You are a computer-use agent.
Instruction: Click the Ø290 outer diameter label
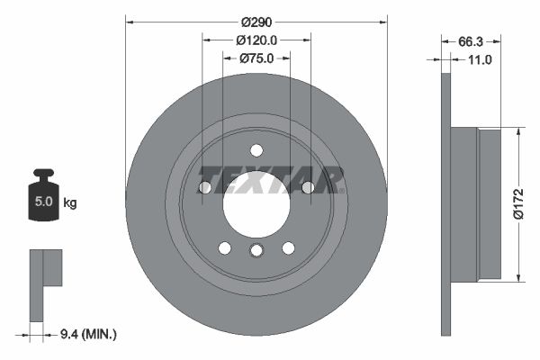click(256, 22)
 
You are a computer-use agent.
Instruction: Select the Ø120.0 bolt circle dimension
click(256, 40)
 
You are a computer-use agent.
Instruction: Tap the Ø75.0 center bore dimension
click(256, 58)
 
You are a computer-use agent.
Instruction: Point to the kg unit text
click(70, 203)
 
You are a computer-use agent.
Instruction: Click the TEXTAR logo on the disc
click(271, 179)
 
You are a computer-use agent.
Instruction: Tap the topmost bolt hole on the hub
click(256, 150)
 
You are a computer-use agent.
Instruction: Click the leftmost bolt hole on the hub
click(205, 187)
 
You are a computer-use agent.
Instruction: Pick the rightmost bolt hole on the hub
click(308, 187)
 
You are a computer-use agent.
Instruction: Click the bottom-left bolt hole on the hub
click(225, 247)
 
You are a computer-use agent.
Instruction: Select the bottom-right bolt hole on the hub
click(288, 247)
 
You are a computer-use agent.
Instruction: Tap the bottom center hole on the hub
click(256, 251)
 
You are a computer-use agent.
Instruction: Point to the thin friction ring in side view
click(445, 202)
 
